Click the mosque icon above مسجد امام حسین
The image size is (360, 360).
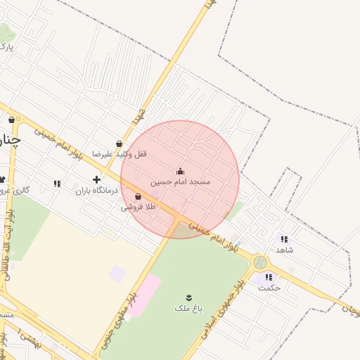180,171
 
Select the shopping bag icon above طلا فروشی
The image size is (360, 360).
138,197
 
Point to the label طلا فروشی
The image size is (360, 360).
137,207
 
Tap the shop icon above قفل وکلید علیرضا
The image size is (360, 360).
119,143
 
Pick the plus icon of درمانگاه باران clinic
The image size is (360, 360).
96,179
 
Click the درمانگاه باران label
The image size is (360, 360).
94,190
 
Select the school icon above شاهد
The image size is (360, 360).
283,239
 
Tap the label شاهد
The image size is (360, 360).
284,250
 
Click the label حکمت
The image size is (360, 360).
269,287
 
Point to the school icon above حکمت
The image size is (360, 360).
269,277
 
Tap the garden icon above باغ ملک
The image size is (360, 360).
188,297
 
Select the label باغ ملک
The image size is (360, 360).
187,308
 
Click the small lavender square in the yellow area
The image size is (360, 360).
117,274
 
